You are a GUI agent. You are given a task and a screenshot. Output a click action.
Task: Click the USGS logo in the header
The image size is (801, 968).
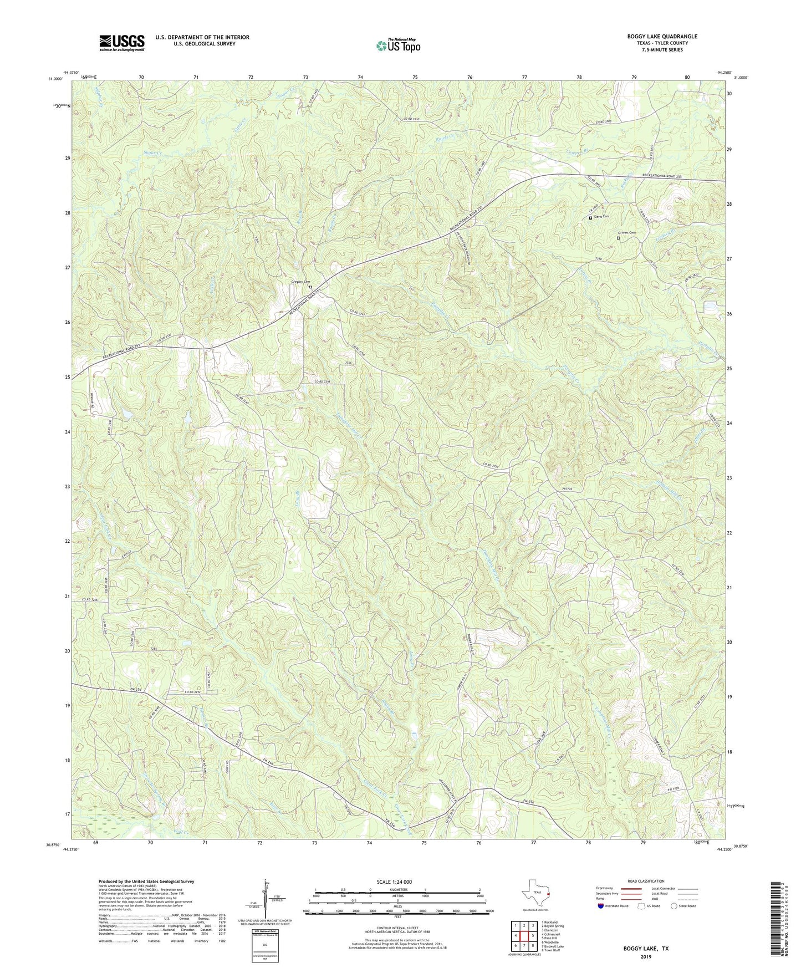coord(122,42)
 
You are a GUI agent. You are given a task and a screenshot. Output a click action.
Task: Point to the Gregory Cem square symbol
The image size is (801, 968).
coord(310,287)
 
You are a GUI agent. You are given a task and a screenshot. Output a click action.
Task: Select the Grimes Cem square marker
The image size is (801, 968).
coord(618,238)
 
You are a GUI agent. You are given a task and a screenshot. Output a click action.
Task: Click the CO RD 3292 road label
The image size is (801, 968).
coord(195,692)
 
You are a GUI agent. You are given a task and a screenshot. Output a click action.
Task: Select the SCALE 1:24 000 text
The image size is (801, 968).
coord(397,882)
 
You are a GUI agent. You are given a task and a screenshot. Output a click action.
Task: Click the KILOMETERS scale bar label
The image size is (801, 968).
coord(396,890)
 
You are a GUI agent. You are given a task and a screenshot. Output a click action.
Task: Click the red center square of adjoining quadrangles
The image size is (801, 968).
coord(523,935)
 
